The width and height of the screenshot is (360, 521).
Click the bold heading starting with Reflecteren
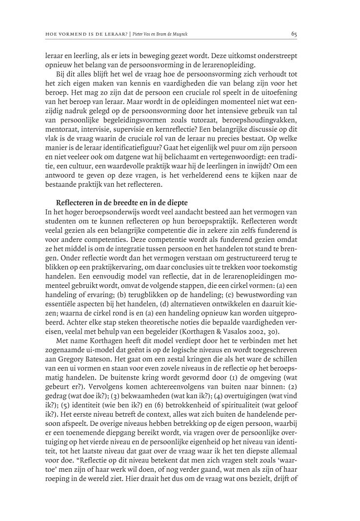pyautogui.click(x=122, y=202)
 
